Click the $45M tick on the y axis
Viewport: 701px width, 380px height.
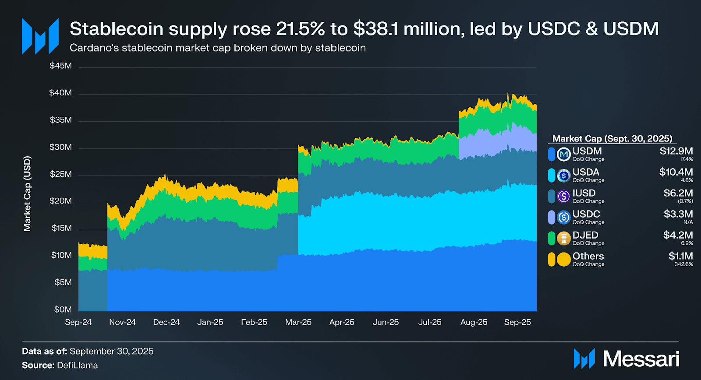60,66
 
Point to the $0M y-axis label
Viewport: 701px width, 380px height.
63,310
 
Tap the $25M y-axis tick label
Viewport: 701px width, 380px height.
60,174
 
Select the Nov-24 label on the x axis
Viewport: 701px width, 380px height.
122,322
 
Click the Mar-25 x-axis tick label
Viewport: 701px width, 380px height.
298,322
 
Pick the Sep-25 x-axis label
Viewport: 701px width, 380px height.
517,322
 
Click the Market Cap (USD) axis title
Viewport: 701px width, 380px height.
27,194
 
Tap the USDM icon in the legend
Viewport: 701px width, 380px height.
563,154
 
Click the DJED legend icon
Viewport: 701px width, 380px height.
563,238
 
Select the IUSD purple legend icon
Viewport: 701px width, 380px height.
563,196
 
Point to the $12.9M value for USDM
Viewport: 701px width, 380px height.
676,151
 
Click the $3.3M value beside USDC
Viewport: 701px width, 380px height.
678,214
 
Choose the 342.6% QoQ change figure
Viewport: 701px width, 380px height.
683,264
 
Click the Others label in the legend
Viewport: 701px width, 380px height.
588,256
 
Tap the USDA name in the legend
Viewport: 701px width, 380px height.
586,172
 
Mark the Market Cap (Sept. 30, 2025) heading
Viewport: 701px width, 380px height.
612,139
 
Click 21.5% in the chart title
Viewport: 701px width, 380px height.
300,29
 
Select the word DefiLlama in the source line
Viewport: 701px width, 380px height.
78,365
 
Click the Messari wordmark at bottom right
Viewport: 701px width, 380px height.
641,359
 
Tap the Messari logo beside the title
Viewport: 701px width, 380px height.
40,36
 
